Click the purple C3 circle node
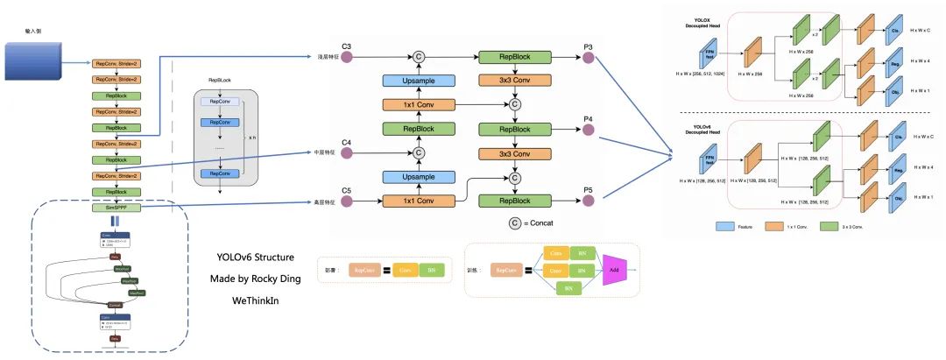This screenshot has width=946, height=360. [x=346, y=57]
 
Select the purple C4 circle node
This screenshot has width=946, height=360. [x=346, y=153]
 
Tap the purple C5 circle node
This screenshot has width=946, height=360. [x=346, y=201]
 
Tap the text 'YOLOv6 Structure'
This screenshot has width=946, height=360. [x=255, y=258]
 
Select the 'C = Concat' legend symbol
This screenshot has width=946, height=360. [x=515, y=223]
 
